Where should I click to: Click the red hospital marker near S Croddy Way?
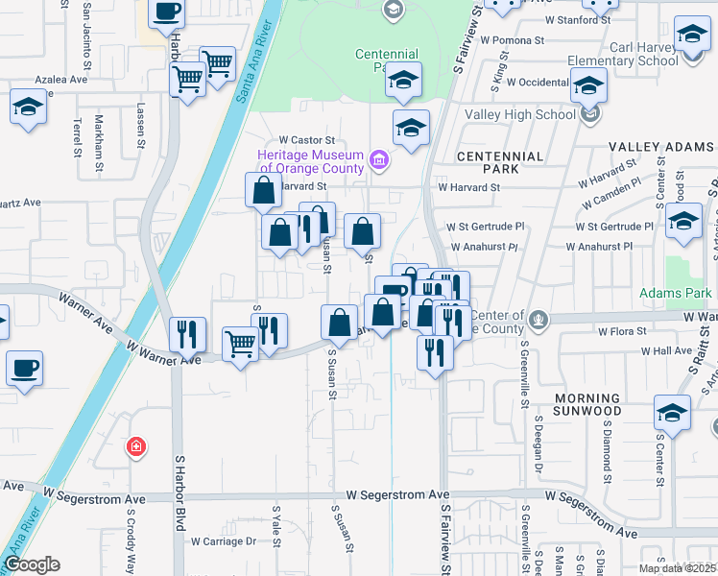pos(137,446)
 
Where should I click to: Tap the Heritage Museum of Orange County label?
pos(309,162)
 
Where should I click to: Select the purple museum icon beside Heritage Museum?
pos(379,158)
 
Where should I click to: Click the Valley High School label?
pos(519,114)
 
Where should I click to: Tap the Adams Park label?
pos(677,292)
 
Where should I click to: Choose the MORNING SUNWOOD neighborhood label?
pos(587,404)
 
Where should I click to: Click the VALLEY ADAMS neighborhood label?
pos(662,147)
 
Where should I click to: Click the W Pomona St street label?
pos(512,41)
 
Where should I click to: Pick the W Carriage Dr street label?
pos(224,540)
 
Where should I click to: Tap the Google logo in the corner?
pos(31,564)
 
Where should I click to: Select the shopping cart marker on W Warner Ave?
pos(240,344)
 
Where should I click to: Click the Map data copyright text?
pos(678,568)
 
